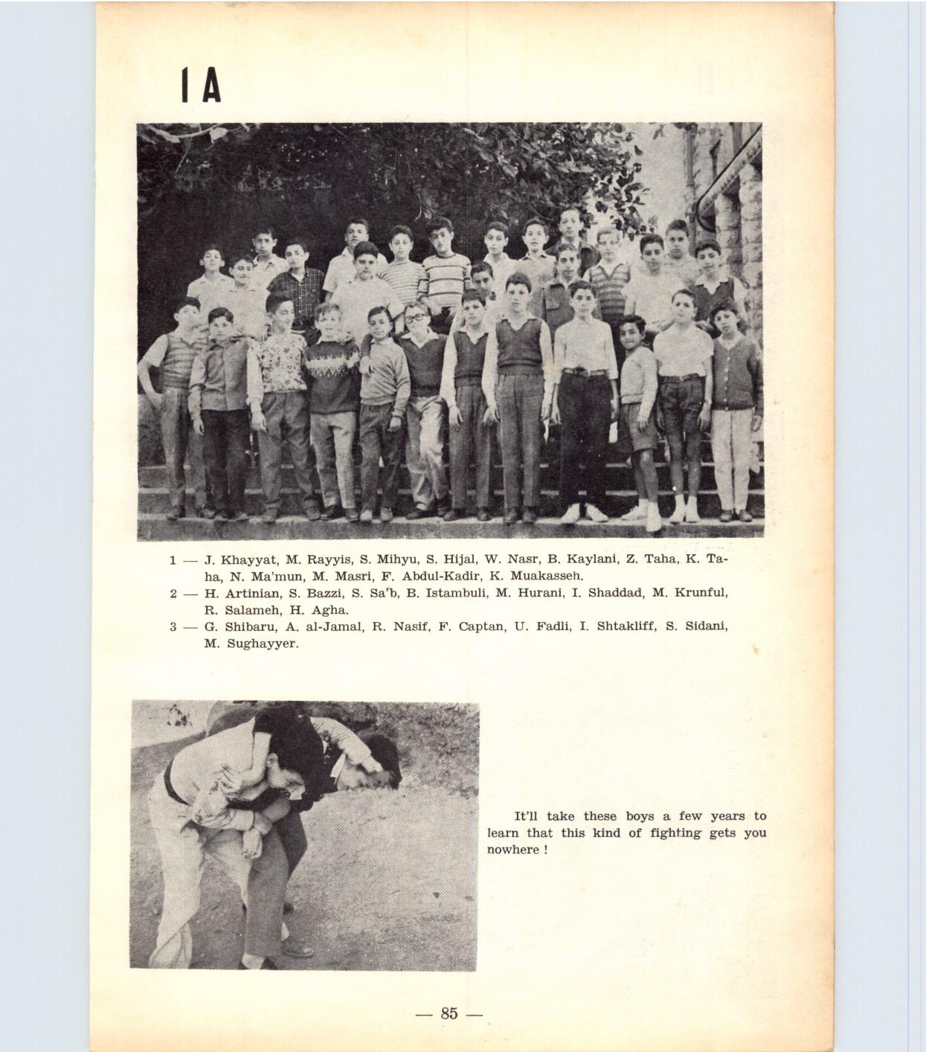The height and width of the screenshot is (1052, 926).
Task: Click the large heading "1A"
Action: (201, 87)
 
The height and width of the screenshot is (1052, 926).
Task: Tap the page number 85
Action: (448, 1013)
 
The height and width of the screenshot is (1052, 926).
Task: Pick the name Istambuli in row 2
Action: (444, 593)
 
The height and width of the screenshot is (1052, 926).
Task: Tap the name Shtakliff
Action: (621, 626)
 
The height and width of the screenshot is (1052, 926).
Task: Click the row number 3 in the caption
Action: (173, 626)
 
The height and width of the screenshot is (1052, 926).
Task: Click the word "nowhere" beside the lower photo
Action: (513, 850)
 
